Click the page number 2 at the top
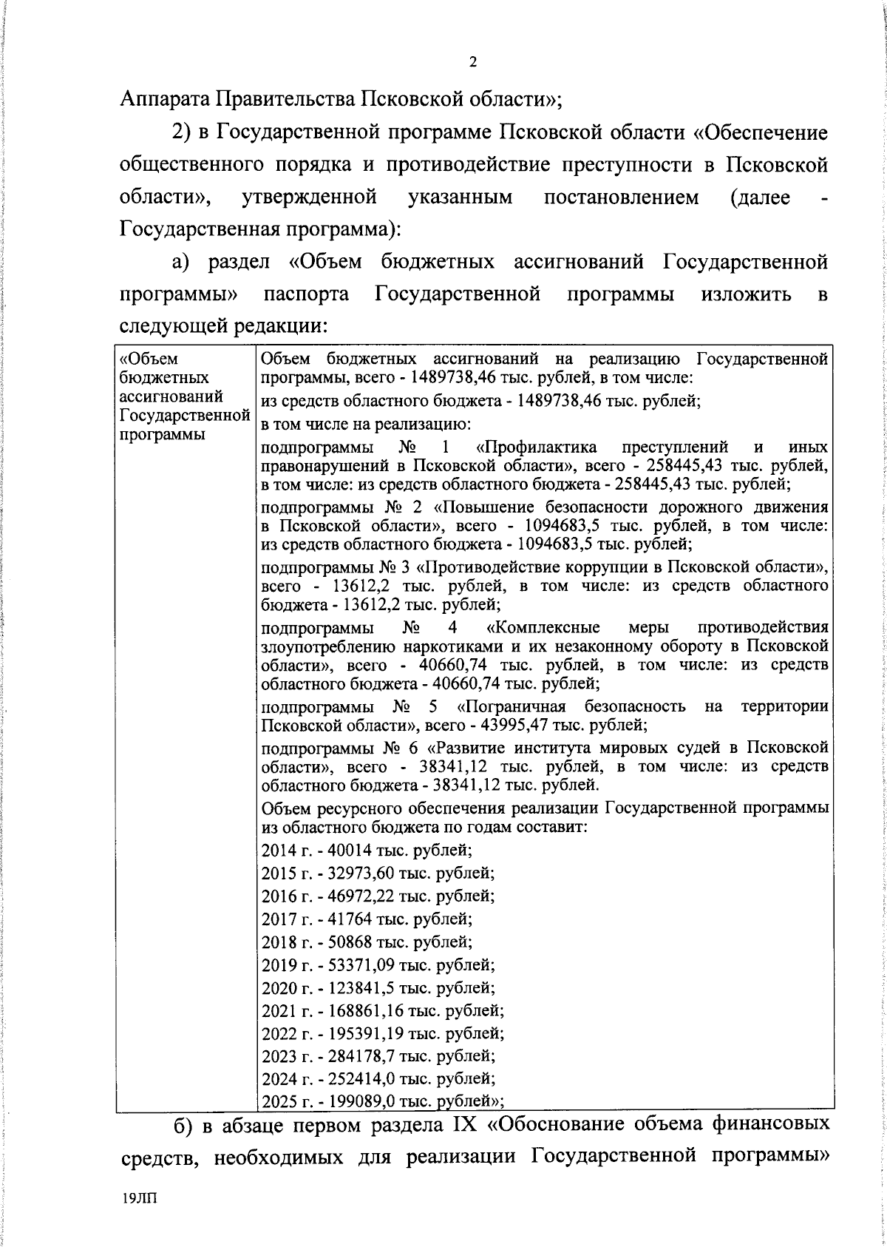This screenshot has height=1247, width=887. click(473, 63)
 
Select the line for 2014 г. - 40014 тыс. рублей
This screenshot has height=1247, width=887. click(367, 850)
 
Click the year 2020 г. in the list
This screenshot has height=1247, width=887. click(284, 987)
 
